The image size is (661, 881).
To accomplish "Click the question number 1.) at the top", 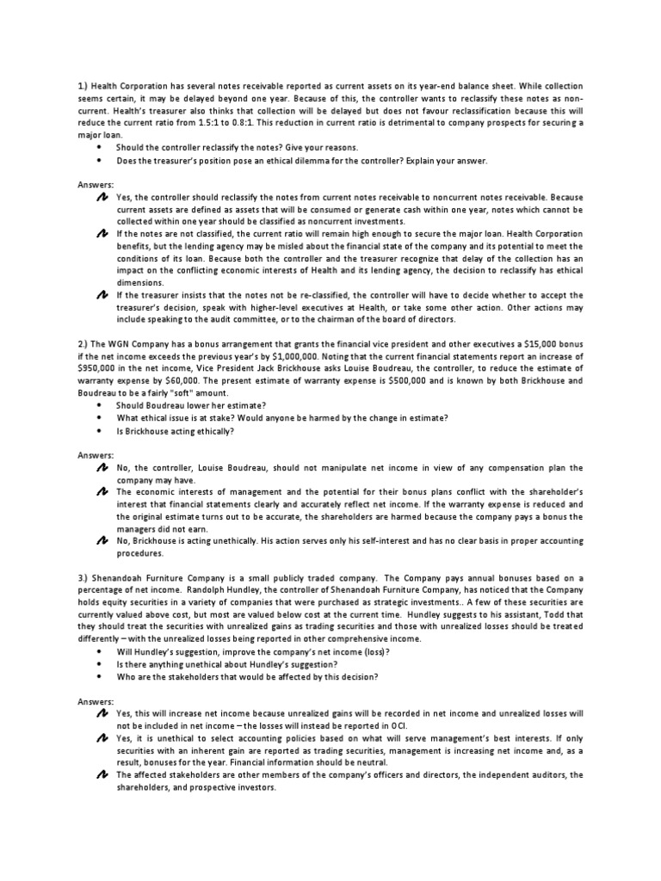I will [77, 86].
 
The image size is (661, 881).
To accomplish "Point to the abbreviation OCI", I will [399, 726].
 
